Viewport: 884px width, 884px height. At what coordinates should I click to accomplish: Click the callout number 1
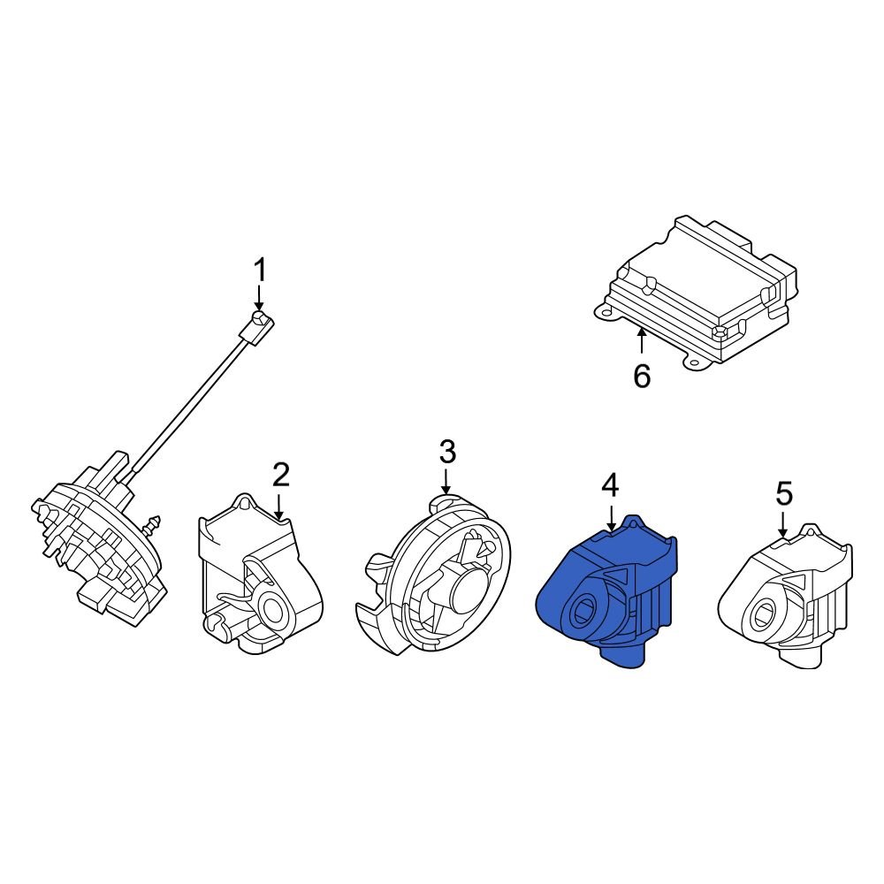point(260,270)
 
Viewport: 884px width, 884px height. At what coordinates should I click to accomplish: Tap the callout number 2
point(280,476)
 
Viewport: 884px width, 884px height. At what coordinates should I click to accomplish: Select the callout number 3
point(447,453)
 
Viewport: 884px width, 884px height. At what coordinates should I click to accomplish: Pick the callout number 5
point(784,493)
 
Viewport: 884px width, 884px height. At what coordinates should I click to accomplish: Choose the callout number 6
point(642,376)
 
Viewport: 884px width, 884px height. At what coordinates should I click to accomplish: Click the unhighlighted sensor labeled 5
point(787,592)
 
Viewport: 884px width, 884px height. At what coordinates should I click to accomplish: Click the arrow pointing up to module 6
point(642,339)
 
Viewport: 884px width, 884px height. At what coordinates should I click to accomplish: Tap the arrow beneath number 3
point(447,482)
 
